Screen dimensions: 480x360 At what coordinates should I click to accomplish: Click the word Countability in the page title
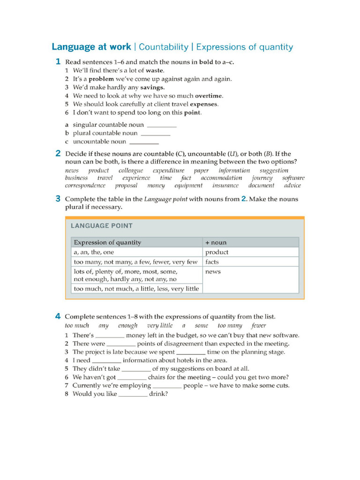(164, 47)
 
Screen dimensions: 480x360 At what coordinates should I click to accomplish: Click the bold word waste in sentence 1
(155, 70)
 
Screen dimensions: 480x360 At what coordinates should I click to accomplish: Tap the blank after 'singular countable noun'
(162, 125)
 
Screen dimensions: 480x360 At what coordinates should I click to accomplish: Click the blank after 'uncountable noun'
(144, 142)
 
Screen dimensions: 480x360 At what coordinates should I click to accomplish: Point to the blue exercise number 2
(58, 153)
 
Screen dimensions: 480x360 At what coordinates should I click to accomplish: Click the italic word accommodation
(221, 178)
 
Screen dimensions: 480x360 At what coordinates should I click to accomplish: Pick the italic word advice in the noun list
(292, 186)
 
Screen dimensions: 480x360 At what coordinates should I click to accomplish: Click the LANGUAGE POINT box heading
(102, 225)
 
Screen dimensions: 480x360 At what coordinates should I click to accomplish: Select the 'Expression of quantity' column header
(107, 242)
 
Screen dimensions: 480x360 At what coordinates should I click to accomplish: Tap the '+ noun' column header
(216, 242)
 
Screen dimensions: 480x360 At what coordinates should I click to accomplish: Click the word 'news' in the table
(213, 272)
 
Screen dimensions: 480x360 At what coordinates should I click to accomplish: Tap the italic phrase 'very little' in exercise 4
(160, 325)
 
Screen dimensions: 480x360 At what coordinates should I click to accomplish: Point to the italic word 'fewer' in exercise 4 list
(258, 325)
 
